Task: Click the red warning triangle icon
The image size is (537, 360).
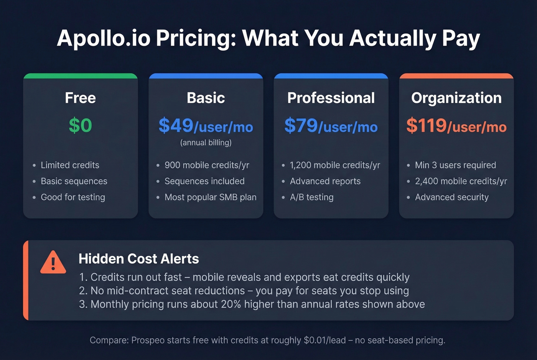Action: pyautogui.click(x=53, y=263)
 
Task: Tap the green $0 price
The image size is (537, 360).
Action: pyautogui.click(x=81, y=125)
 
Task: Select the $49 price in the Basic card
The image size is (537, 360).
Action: pyautogui.click(x=176, y=125)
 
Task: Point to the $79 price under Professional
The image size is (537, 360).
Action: pyautogui.click(x=301, y=125)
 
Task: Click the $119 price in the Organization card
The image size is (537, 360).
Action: pyautogui.click(x=427, y=125)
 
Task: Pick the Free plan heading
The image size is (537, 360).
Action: pyautogui.click(x=81, y=98)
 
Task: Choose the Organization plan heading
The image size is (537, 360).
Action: pyautogui.click(x=456, y=98)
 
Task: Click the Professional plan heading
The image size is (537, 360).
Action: pyautogui.click(x=331, y=98)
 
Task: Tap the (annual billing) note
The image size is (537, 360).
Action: pyautogui.click(x=206, y=143)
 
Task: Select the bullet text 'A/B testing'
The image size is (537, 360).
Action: pyautogui.click(x=311, y=197)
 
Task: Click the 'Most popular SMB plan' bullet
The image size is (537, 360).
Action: pyautogui.click(x=210, y=197)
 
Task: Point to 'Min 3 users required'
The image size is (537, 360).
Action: pyautogui.click(x=455, y=165)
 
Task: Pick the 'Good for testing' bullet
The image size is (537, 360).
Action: pyautogui.click(x=73, y=197)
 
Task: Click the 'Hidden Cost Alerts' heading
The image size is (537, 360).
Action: pyautogui.click(x=139, y=259)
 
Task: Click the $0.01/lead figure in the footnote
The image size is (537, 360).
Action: pyautogui.click(x=325, y=340)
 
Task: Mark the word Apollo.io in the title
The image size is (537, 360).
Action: pyautogui.click(x=104, y=38)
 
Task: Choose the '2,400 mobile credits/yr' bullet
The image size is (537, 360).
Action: pyautogui.click(x=461, y=181)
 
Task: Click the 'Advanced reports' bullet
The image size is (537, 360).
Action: pyautogui.click(x=325, y=181)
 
